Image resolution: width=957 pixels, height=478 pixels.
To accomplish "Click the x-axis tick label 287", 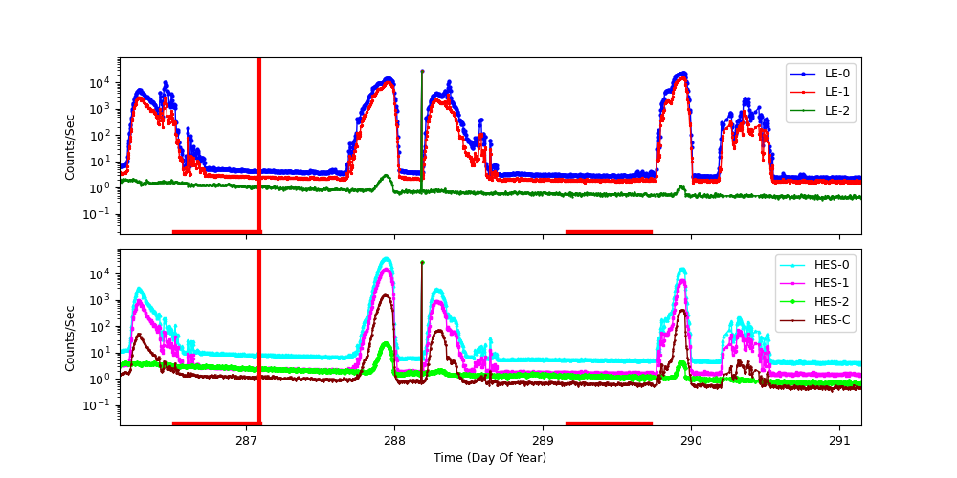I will tap(246, 442).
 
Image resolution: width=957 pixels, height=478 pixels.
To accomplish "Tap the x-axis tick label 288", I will tap(394, 442).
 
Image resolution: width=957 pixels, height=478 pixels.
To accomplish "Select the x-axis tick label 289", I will tap(543, 442).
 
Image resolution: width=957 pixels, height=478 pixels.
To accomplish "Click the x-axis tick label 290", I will tap(691, 442).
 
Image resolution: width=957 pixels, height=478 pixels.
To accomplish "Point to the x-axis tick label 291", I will tap(839, 442).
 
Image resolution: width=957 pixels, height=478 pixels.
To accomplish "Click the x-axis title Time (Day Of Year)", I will tap(490, 458).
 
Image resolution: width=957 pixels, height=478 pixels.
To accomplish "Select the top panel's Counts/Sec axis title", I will tap(70, 146).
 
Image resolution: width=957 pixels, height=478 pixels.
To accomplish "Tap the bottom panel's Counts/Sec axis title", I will tap(70, 337).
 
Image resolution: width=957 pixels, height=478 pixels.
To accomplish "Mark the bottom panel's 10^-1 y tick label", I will tap(99, 405).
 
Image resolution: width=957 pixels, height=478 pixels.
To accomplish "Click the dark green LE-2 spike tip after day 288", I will tap(422, 71).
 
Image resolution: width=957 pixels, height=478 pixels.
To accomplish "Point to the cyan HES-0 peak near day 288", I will tap(386, 258).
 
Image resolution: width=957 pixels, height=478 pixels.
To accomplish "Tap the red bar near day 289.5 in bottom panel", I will tap(609, 423).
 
